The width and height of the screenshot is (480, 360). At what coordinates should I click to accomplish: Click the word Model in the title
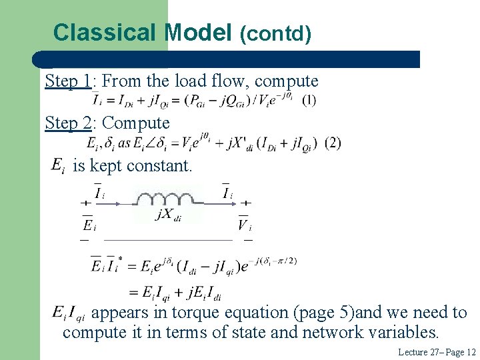tap(198, 32)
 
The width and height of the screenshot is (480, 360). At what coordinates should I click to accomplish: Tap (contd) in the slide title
tap(275, 33)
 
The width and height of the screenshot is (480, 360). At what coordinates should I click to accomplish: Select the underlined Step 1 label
tap(68, 81)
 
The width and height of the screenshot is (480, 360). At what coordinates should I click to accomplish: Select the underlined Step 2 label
tap(68, 123)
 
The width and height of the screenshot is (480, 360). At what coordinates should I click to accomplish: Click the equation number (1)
tap(309, 100)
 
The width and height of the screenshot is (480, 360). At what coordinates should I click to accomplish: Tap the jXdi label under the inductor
tap(168, 215)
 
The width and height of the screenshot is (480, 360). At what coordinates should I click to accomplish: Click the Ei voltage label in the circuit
tap(89, 225)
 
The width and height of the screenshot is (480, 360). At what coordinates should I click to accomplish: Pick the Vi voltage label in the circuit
tap(244, 225)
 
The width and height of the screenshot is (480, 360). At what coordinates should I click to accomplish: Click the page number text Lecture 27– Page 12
tap(437, 351)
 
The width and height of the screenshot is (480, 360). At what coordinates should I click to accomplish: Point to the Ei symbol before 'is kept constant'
tap(58, 165)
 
